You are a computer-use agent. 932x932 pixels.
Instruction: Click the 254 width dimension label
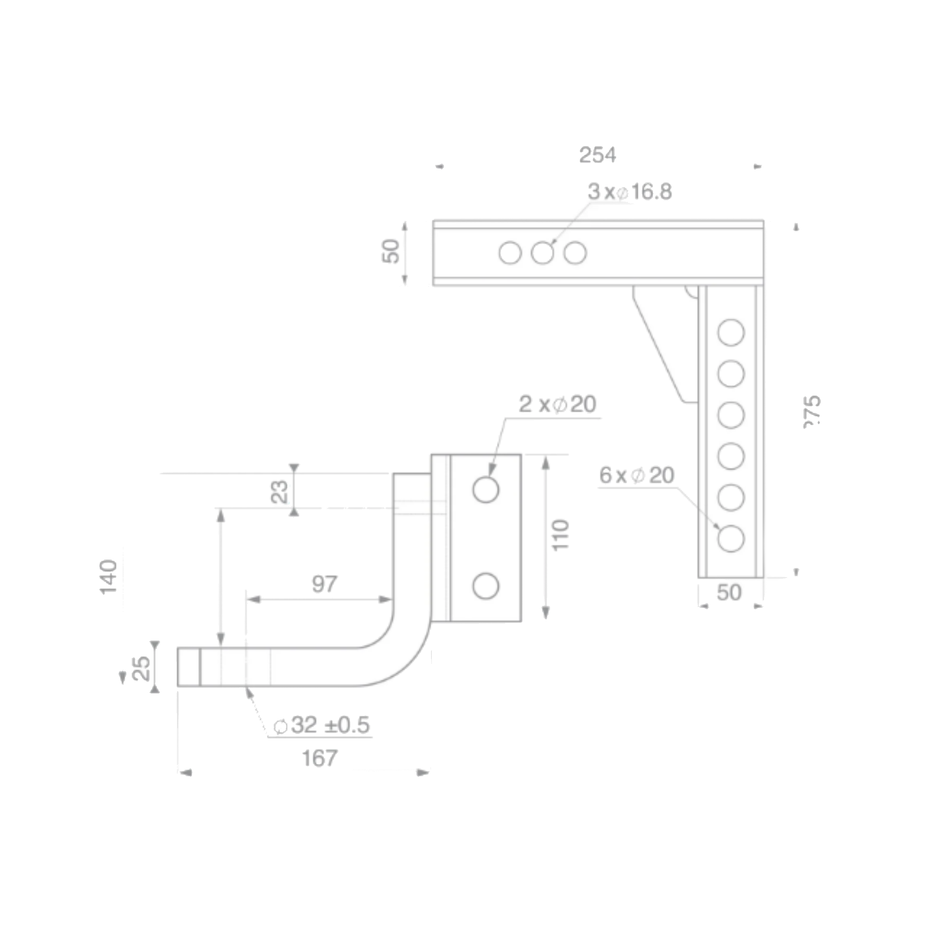(x=597, y=155)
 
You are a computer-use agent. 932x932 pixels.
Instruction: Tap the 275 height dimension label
(x=812, y=413)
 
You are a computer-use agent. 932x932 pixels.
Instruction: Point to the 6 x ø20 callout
(x=636, y=476)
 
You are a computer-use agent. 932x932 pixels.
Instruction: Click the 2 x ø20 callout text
(x=557, y=404)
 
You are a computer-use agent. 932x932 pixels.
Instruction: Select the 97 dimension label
(x=324, y=584)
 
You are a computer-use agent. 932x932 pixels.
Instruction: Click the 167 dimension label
(x=320, y=758)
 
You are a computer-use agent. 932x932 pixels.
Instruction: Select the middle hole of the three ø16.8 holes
(x=542, y=253)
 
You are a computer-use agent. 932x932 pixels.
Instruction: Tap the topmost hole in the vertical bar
(x=731, y=333)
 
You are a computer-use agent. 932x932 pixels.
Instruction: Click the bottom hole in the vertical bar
(x=730, y=538)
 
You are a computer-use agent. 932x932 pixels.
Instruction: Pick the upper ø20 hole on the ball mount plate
(x=485, y=490)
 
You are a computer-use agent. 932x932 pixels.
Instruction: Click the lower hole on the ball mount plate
(x=485, y=586)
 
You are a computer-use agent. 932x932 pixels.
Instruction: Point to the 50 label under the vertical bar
(x=729, y=593)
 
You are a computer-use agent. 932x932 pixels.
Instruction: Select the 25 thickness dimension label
(x=142, y=668)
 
